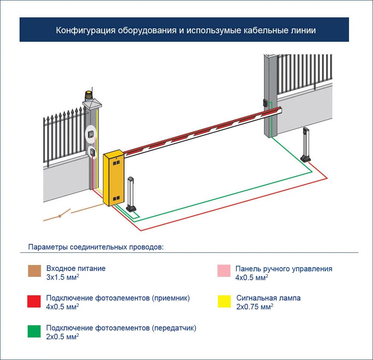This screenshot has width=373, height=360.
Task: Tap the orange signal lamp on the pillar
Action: pos(89,96)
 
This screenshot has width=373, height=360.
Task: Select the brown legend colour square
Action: pos(34,271)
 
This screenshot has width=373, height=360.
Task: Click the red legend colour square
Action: pos(34,301)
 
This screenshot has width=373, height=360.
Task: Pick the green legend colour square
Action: pos(34,331)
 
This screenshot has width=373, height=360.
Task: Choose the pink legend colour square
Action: pos(224,271)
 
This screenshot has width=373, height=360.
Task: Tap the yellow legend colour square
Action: pos(224,301)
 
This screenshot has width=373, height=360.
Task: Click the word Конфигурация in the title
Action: pos(86,30)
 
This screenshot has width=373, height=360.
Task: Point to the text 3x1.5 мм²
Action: pos(62,277)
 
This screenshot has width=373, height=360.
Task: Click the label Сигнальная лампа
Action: pos(268,298)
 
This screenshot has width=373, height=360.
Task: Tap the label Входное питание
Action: pos(76,268)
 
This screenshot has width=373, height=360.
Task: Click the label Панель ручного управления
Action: pos(284,269)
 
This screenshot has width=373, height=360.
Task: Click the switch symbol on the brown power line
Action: pos(60,215)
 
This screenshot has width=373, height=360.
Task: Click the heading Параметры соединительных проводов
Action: pos(96,247)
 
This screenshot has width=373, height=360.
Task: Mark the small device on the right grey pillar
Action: pos(265,103)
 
